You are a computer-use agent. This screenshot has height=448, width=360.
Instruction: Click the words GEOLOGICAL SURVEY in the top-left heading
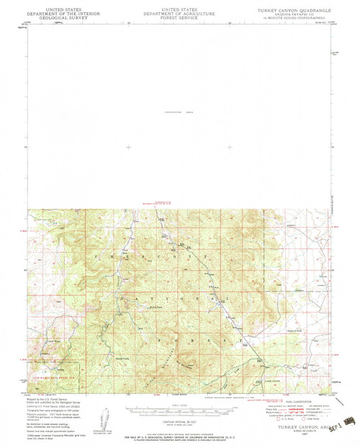point(54,13)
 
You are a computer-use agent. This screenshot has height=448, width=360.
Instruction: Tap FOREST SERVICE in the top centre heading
point(180,13)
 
